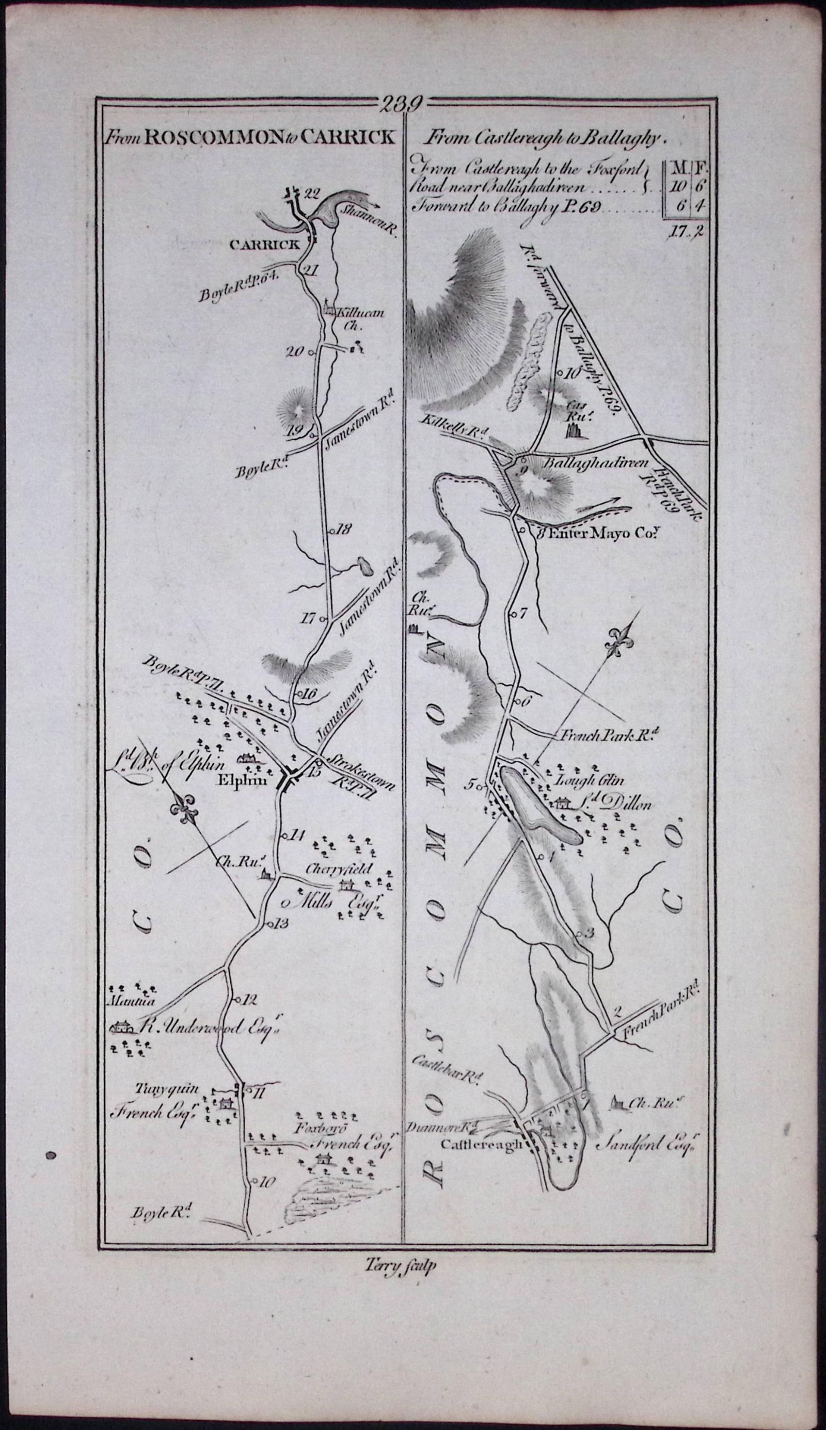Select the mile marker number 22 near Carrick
(310, 193)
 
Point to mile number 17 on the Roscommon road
(308, 618)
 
